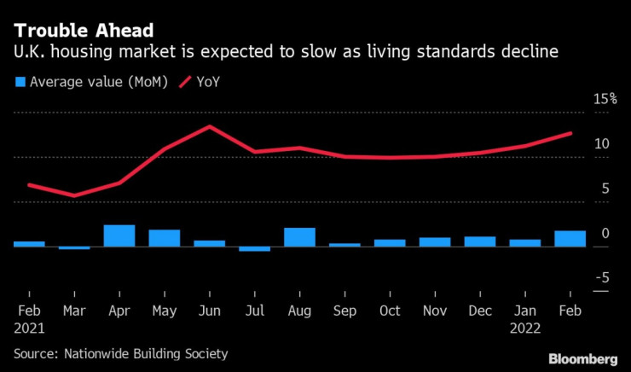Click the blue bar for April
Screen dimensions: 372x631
119,236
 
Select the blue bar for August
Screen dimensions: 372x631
299,237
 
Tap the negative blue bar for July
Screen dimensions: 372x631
254,249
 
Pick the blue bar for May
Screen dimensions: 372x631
165,238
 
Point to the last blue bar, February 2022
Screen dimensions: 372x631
570,239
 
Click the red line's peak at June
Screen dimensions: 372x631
209,126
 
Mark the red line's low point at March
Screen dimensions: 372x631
74,195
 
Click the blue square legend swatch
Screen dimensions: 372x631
20,82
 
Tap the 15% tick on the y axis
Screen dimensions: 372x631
605,99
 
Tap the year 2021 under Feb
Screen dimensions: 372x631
30,326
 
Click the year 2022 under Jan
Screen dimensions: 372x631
525,326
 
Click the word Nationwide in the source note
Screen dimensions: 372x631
99,352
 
